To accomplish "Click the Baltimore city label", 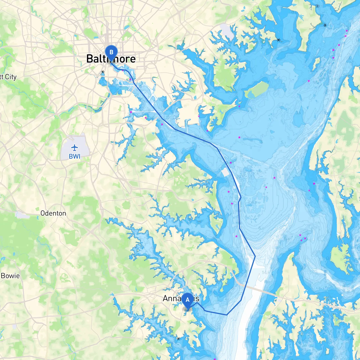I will [x=111, y=59].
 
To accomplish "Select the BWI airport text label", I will [x=75, y=156].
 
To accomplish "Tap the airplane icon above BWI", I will [x=75, y=147].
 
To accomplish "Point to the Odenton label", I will [x=53, y=213].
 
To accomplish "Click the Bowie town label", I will [x=10, y=276].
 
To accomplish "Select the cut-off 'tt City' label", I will [x=8, y=77].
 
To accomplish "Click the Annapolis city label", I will [x=181, y=298].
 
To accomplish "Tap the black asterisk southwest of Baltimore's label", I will [x=103, y=72].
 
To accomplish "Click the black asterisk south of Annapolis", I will [x=178, y=339].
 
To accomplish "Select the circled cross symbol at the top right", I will [x=317, y=6].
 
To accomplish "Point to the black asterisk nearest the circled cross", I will [x=325, y=25].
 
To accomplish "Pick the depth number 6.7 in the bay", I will [x=261, y=228].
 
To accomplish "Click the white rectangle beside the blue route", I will [x=226, y=172].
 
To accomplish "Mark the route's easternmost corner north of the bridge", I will [x=255, y=256].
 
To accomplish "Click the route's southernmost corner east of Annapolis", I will [x=226, y=315].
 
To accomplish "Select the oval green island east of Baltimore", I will [x=256, y=90].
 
